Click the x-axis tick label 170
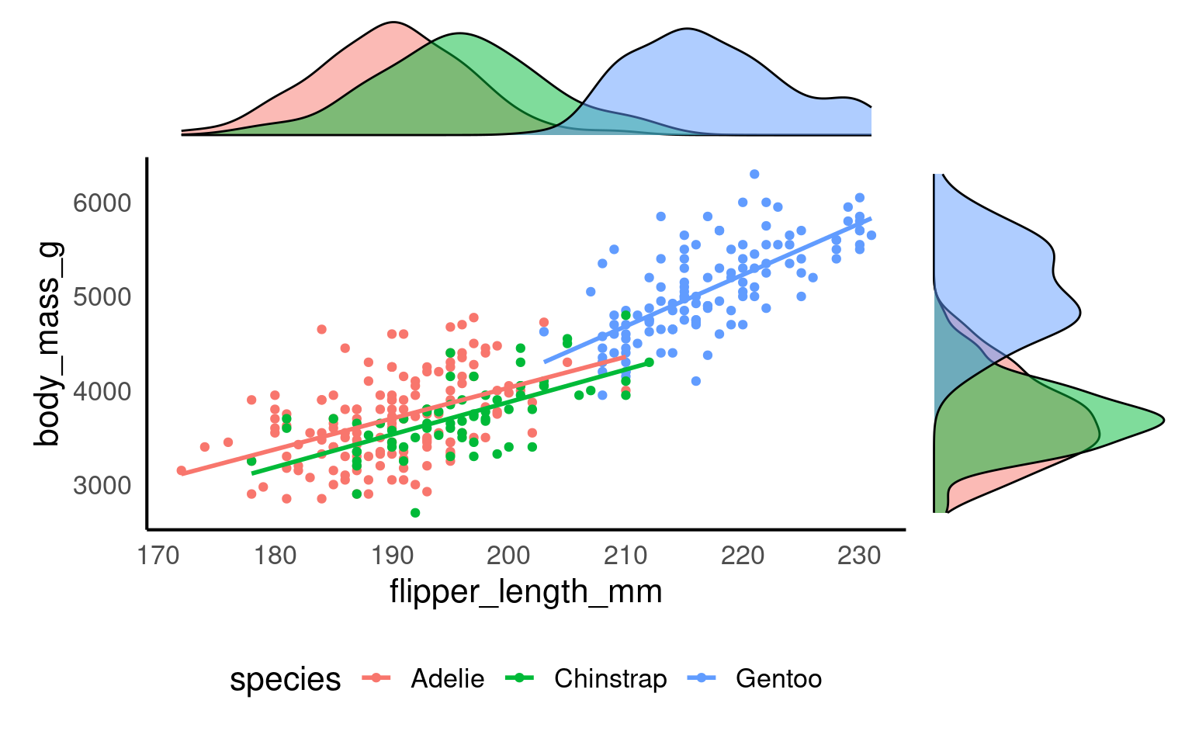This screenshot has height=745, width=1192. pyautogui.click(x=158, y=556)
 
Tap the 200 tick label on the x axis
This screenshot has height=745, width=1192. pyautogui.click(x=508, y=556)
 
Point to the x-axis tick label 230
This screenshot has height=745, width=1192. pyautogui.click(x=859, y=556)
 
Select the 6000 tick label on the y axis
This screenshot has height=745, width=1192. pyautogui.click(x=102, y=203)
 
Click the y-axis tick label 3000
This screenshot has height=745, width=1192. pyautogui.click(x=102, y=486)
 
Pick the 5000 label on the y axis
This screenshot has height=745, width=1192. pyautogui.click(x=102, y=297)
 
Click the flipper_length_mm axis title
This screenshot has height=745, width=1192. pyautogui.click(x=525, y=592)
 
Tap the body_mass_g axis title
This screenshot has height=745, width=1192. pyautogui.click(x=48, y=344)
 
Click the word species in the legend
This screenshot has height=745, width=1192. pyautogui.click(x=285, y=679)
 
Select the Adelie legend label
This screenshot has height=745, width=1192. pyautogui.click(x=448, y=679)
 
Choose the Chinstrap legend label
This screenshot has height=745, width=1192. pyautogui.click(x=610, y=679)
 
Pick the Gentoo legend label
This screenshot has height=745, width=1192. pyautogui.click(x=778, y=679)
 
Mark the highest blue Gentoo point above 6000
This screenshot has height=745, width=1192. pyautogui.click(x=754, y=174)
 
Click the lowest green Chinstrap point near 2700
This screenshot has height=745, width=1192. pyautogui.click(x=415, y=513)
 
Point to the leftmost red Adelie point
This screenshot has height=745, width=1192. pyautogui.click(x=182, y=470)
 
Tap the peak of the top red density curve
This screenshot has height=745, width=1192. pyautogui.click(x=393, y=22)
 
